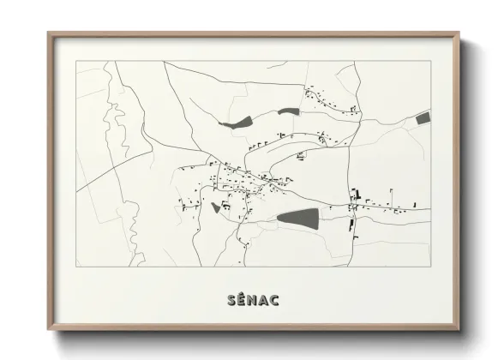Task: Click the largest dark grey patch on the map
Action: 297,218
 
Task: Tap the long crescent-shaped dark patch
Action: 237,123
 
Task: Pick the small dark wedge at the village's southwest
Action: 215,207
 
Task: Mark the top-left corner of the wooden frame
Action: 48,34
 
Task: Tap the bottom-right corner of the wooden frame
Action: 459,329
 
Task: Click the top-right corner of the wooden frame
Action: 459,34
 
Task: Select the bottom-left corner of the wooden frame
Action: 48,329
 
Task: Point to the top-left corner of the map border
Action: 76,62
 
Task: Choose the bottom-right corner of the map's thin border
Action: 430,267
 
